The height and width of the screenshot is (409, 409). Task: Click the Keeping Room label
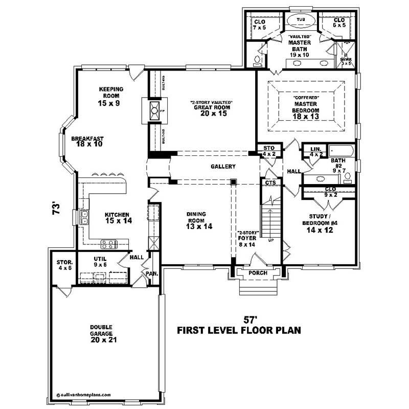point(109,96)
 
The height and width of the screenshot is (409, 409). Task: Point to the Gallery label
point(223,167)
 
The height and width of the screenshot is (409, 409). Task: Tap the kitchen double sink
point(83,218)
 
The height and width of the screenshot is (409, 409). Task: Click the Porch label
point(258,273)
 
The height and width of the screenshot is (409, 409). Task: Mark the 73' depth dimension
point(58,208)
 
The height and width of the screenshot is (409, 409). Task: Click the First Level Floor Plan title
point(239,330)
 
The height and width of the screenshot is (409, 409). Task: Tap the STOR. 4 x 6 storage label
point(64,265)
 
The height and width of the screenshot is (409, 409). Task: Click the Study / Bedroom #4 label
point(319,223)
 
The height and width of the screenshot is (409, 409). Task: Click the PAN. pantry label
point(152,274)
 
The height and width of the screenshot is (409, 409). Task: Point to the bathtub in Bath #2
point(342,151)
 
